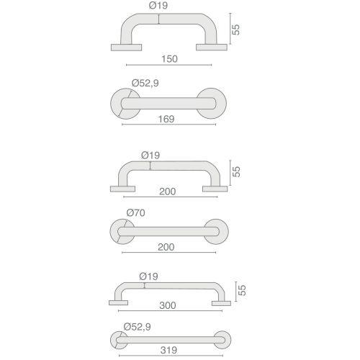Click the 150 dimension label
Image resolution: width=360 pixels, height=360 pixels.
[x=171, y=58]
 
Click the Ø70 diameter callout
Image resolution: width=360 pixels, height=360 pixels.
[x=135, y=212]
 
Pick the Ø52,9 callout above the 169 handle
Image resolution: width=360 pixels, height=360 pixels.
[x=145, y=83]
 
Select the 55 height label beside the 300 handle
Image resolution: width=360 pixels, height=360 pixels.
[x=242, y=290]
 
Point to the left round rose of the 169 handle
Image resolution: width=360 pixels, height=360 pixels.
[x=125, y=103]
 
